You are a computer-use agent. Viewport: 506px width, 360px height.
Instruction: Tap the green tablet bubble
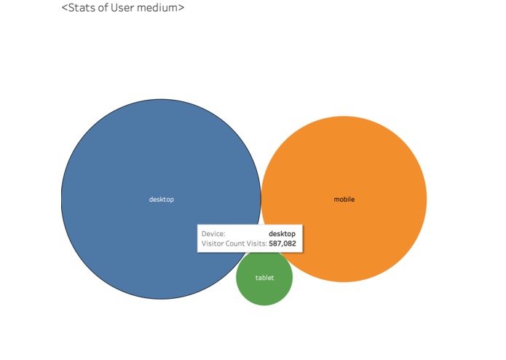[264, 284]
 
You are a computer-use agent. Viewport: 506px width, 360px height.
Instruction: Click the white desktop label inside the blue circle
[162, 200]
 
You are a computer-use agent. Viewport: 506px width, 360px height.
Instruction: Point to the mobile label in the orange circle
[344, 200]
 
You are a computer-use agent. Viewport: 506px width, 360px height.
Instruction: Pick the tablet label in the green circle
[264, 278]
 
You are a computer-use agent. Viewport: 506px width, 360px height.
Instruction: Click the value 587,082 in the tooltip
[282, 243]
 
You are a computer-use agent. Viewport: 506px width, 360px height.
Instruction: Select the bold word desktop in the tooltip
[282, 234]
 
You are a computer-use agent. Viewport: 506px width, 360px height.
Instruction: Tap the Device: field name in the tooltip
[213, 234]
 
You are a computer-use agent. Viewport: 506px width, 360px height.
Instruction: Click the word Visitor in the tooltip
[213, 243]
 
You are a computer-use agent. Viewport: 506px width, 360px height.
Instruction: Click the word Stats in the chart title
[82, 7]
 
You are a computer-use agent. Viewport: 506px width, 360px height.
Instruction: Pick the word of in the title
[103, 7]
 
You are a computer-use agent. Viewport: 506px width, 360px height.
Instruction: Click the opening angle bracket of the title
[65, 8]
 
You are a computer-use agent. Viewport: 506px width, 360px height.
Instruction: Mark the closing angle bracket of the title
[181, 8]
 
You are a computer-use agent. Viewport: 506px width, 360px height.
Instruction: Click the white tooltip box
[250, 238]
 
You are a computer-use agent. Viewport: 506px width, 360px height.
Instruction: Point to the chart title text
[123, 7]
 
